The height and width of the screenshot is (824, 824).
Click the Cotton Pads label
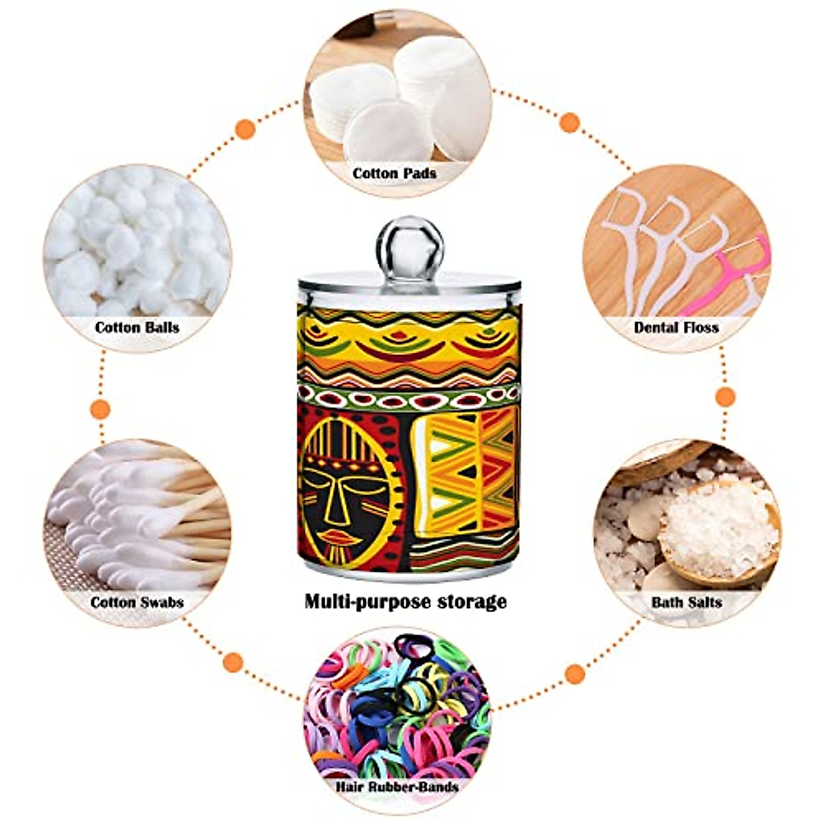click(395, 173)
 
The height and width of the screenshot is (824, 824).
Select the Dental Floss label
click(676, 327)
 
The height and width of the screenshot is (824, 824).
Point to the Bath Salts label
click(687, 602)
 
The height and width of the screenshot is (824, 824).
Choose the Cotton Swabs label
click(137, 602)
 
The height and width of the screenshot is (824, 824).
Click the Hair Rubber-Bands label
click(398, 786)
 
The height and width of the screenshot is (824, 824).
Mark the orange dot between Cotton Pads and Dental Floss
click(569, 123)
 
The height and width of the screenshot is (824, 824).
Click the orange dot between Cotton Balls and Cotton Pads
click(245, 129)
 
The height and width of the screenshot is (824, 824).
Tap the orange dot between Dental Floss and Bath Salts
click(725, 396)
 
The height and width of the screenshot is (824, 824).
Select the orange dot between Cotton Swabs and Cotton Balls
click(100, 409)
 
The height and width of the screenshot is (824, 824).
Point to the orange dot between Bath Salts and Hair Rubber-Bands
click(576, 674)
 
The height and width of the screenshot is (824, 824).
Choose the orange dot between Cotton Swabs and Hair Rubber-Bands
click(233, 663)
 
